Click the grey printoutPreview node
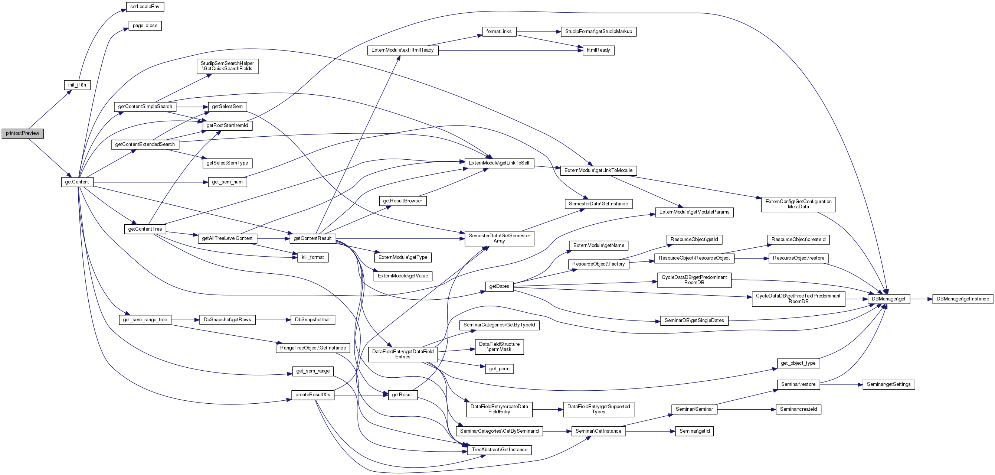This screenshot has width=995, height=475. click(x=22, y=133)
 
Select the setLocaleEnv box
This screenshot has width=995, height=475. click(x=145, y=7)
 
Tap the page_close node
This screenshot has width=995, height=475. click(x=145, y=26)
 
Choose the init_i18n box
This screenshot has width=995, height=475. click(x=77, y=85)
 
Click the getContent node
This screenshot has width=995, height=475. click(x=77, y=182)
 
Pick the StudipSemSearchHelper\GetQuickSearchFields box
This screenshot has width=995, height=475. click(x=227, y=66)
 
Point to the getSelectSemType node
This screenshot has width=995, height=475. click(x=227, y=163)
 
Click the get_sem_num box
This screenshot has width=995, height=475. click(x=227, y=182)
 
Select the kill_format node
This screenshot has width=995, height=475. click(x=312, y=257)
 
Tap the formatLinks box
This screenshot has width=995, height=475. click(x=499, y=32)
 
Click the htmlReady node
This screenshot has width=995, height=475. click(x=598, y=50)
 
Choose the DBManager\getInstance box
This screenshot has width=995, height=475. click(x=963, y=299)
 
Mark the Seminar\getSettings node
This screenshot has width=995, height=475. click(x=888, y=384)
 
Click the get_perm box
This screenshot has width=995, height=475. click(x=499, y=369)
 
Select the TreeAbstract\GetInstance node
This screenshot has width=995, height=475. click(x=499, y=450)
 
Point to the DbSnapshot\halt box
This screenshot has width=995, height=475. click(x=312, y=320)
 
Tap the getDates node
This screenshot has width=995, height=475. click(x=499, y=286)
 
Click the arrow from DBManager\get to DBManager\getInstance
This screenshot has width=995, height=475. click(x=921, y=299)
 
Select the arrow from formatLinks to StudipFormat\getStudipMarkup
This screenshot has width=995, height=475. click(x=539, y=32)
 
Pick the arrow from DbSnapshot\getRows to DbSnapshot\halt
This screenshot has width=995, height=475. click(x=273, y=320)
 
